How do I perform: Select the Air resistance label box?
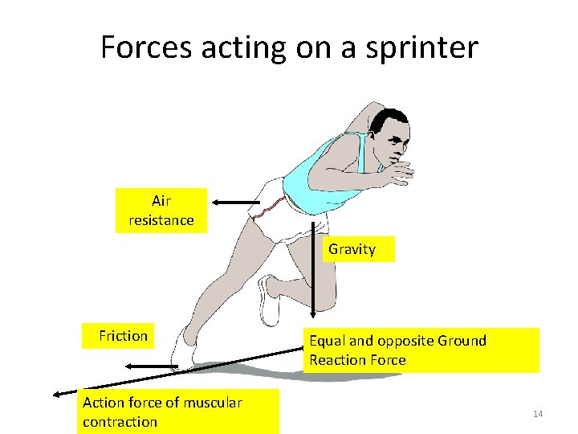click(x=161, y=211)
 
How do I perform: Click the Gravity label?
click(x=352, y=249)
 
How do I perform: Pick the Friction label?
click(x=123, y=336)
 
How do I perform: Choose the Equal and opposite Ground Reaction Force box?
click(x=423, y=350)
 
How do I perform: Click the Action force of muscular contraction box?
click(x=180, y=411)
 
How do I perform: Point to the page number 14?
click(x=538, y=414)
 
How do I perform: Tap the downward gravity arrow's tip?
click(x=314, y=317)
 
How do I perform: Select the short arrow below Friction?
click(x=153, y=366)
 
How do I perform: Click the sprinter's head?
click(x=390, y=133)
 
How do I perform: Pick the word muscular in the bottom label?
click(x=212, y=403)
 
